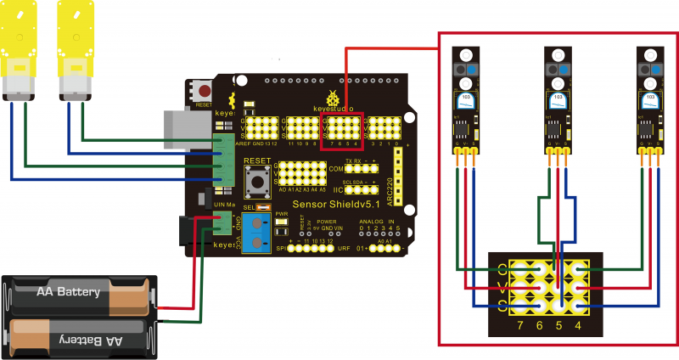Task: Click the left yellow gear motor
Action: point(18,51)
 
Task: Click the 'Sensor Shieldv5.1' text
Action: point(339,204)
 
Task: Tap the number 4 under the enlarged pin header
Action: point(578,325)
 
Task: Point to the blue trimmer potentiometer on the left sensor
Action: point(467,100)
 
